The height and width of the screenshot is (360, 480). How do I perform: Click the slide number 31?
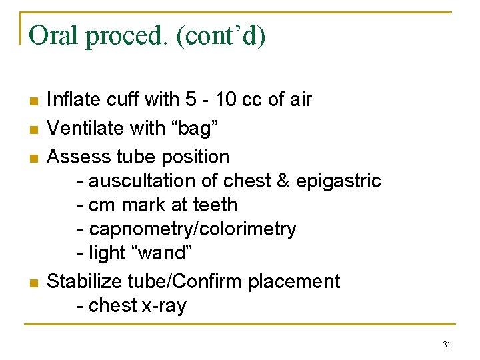tap(447, 345)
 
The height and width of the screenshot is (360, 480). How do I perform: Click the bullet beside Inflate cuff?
tap(34, 101)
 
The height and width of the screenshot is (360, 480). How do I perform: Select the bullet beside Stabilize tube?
tap(34, 283)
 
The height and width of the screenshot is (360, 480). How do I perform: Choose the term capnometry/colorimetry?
tap(193, 229)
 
